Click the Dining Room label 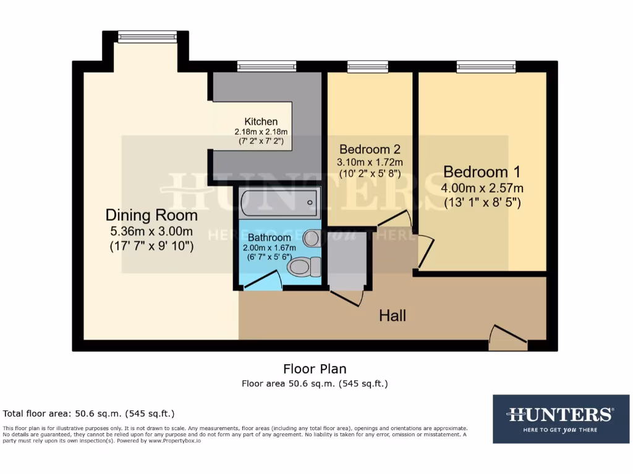(x=151, y=215)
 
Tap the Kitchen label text (x=260, y=122)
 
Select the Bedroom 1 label (x=482, y=171)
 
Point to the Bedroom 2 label (x=370, y=149)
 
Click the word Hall (x=393, y=316)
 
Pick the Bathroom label (x=269, y=238)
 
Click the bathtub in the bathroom (x=279, y=202)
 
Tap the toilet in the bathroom (x=305, y=266)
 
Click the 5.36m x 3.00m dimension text (x=151, y=231)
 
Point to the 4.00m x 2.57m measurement (x=482, y=188)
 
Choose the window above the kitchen (x=266, y=66)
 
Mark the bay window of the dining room (x=147, y=37)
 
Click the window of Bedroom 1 (x=486, y=66)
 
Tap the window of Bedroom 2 (x=367, y=66)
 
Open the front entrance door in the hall (x=508, y=338)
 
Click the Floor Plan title (x=315, y=369)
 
